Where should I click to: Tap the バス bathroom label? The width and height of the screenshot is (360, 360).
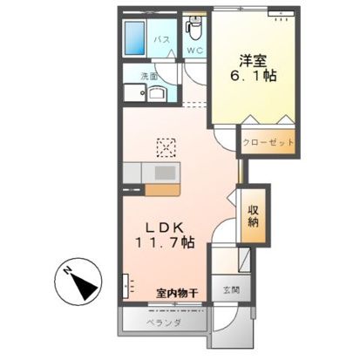tap(162, 38)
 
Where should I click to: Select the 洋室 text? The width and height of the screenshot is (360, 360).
tap(255, 60)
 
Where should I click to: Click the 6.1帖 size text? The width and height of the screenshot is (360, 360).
tap(255, 76)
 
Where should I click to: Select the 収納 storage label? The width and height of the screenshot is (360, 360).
tap(253, 214)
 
